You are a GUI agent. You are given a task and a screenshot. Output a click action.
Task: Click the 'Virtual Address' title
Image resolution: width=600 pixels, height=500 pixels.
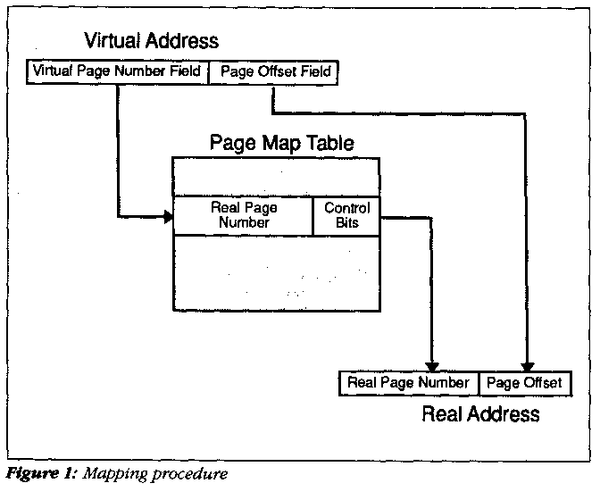(151, 41)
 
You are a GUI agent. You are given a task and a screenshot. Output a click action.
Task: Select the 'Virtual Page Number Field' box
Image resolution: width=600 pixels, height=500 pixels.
(118, 71)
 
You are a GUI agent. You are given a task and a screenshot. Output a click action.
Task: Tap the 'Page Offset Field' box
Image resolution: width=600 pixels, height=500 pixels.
(273, 71)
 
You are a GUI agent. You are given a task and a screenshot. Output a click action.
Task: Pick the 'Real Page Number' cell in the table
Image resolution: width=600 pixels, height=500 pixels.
(244, 215)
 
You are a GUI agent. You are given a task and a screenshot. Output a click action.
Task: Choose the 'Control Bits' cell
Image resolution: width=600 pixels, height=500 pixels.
(346, 215)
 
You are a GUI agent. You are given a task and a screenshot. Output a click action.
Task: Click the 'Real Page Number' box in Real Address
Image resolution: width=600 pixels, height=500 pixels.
(409, 383)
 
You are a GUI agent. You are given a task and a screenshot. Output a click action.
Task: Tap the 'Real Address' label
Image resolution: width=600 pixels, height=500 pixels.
(480, 413)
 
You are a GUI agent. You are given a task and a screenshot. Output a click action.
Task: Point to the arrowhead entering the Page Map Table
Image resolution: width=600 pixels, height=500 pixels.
(169, 216)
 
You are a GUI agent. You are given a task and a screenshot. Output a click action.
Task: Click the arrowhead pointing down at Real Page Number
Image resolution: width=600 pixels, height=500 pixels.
(432, 366)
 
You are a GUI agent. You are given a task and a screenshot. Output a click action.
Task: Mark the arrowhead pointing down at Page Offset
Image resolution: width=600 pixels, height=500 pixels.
(528, 366)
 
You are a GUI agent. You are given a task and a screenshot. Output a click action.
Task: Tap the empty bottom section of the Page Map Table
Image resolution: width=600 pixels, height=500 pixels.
(276, 273)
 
